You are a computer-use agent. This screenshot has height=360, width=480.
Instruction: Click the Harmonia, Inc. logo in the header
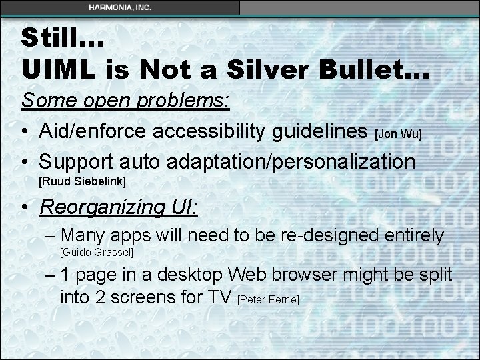[x=119, y=7]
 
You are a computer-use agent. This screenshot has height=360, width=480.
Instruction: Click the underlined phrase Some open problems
[x=126, y=102]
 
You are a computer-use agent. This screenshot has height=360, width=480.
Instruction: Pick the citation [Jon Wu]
[x=399, y=135]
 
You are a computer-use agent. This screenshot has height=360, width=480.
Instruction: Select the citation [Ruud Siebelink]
[x=83, y=181]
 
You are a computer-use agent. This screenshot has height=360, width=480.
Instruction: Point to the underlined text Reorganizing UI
[x=119, y=207]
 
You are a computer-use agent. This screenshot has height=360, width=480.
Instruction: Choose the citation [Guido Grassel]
[x=97, y=253]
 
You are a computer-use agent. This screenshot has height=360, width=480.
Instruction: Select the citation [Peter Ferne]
[x=268, y=301]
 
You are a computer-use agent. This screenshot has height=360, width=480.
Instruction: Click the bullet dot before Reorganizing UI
[x=26, y=207]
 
